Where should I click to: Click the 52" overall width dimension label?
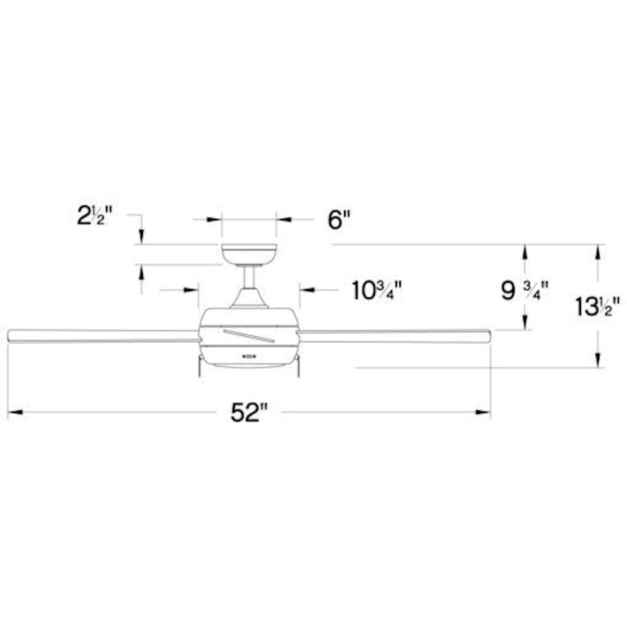click(x=249, y=413)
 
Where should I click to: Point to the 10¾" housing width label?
click(x=377, y=289)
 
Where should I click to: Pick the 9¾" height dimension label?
click(x=524, y=289)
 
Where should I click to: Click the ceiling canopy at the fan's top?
click(x=249, y=255)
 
